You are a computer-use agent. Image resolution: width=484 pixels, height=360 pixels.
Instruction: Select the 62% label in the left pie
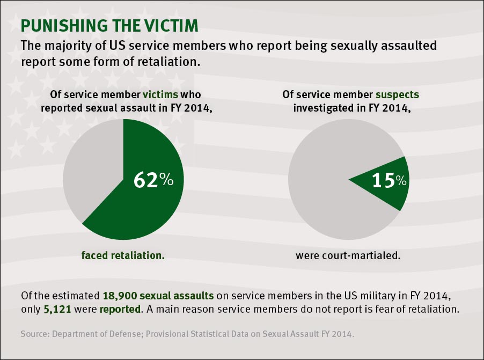[153, 180]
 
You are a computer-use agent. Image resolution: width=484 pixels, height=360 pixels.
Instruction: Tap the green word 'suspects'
[397, 95]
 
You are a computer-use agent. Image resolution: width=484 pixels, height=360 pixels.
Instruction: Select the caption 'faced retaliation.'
[123, 255]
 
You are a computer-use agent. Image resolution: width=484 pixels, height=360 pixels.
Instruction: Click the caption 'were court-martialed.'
[348, 255]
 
